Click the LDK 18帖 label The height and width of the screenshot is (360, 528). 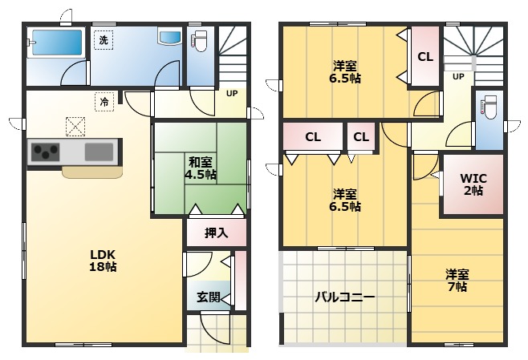[x=103, y=261]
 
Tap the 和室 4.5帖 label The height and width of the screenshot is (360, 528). [x=201, y=168]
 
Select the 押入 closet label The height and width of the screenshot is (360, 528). [x=216, y=233]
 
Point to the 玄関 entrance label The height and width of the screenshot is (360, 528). [x=209, y=297]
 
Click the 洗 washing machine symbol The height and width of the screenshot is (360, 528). [x=104, y=40]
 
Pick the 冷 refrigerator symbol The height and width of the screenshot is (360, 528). [x=104, y=101]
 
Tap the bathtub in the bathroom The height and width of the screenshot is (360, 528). [x=57, y=42]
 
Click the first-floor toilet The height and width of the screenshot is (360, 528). [x=201, y=41]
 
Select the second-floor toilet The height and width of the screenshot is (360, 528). [x=489, y=107]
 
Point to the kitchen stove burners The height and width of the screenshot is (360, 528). [x=46, y=152]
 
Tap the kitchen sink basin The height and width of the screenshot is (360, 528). [x=99, y=152]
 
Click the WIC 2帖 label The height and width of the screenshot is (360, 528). [x=473, y=184]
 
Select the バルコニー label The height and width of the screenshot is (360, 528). [x=345, y=297]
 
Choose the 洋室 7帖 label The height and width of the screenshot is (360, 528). [x=457, y=281]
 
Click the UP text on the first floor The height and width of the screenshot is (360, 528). [x=232, y=94]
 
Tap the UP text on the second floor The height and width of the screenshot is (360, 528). [x=458, y=77]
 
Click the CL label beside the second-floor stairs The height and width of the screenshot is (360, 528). [x=425, y=57]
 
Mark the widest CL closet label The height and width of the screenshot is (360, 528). [x=313, y=137]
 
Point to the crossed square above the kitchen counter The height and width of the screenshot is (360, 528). [x=75, y=127]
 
